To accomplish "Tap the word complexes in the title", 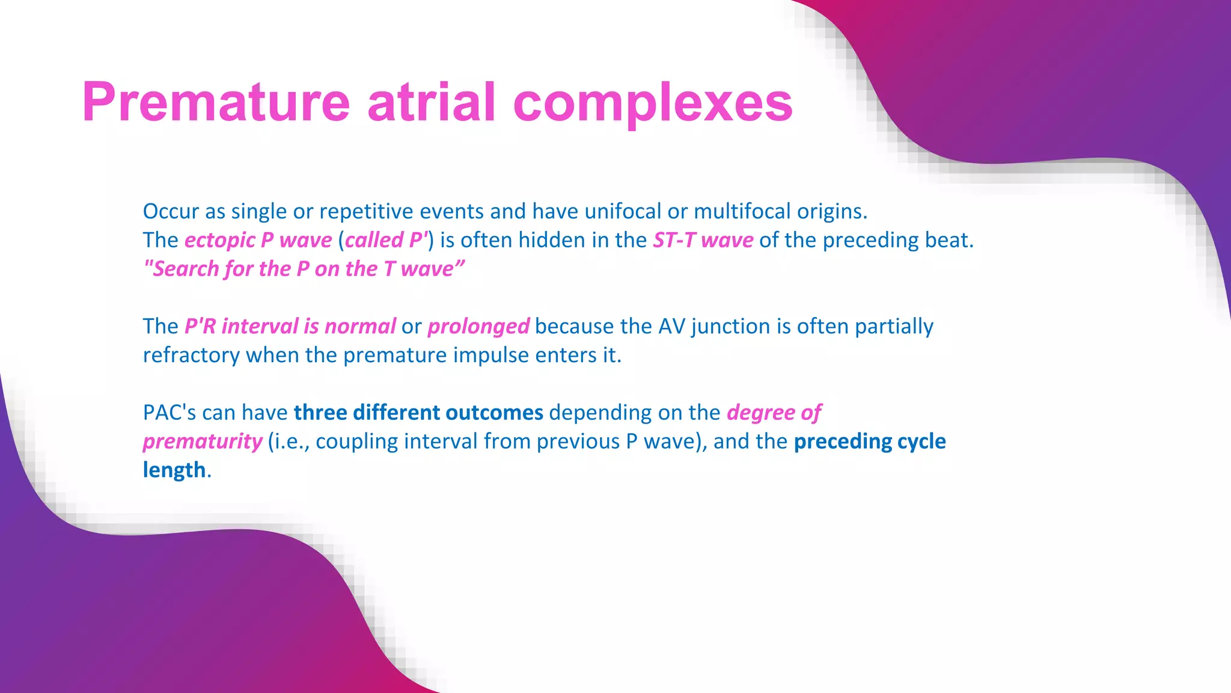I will pos(653,103).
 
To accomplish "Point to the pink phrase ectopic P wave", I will pos(258,240).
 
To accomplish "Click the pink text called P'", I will pos(385,240).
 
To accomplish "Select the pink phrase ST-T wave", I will pos(703,240).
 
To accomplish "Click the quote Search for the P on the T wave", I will pos(304,269).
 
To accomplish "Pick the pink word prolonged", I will pos(478,326).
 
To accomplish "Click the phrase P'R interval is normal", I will pos(290,326).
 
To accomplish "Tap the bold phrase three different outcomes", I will pos(418,413).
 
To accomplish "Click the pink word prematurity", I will pos(203,442).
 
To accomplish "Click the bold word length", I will pos(174,470).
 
